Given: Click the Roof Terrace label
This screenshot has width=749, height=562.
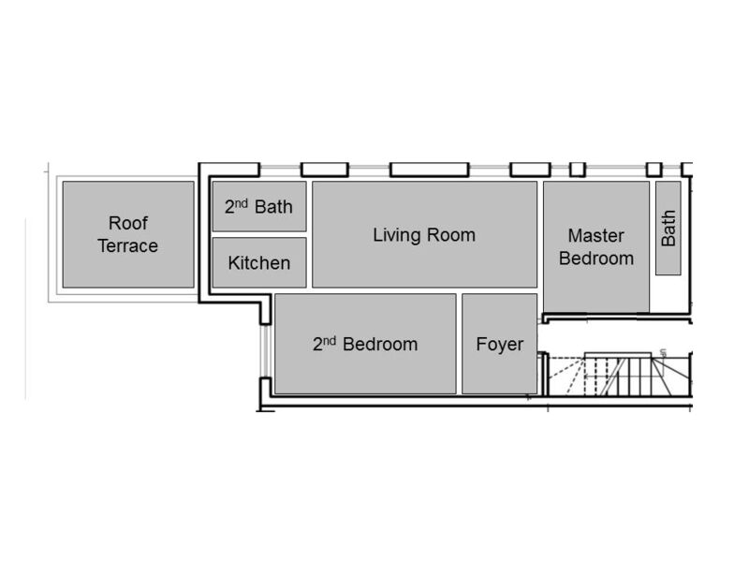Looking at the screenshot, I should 127,234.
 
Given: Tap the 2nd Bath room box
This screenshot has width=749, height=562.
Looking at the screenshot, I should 259,206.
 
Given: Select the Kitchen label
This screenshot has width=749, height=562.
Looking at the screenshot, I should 259,263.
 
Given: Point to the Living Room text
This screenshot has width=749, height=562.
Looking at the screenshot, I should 424,234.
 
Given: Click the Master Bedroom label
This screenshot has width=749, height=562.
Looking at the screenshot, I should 596,246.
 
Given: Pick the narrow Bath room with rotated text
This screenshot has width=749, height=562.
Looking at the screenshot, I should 668,229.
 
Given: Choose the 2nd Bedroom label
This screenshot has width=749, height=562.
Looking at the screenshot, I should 365,344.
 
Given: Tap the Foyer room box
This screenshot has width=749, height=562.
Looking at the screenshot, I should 500,344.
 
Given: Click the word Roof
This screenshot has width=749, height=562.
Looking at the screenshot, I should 128,223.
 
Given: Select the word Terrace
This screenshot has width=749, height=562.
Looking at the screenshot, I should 127,245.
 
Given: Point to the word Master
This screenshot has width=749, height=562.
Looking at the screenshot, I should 596,235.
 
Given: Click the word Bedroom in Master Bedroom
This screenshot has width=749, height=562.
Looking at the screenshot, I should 596,258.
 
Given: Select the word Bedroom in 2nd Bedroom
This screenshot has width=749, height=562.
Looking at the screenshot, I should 380,344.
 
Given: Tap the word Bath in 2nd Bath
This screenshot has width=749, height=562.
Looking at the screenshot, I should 273,206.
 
